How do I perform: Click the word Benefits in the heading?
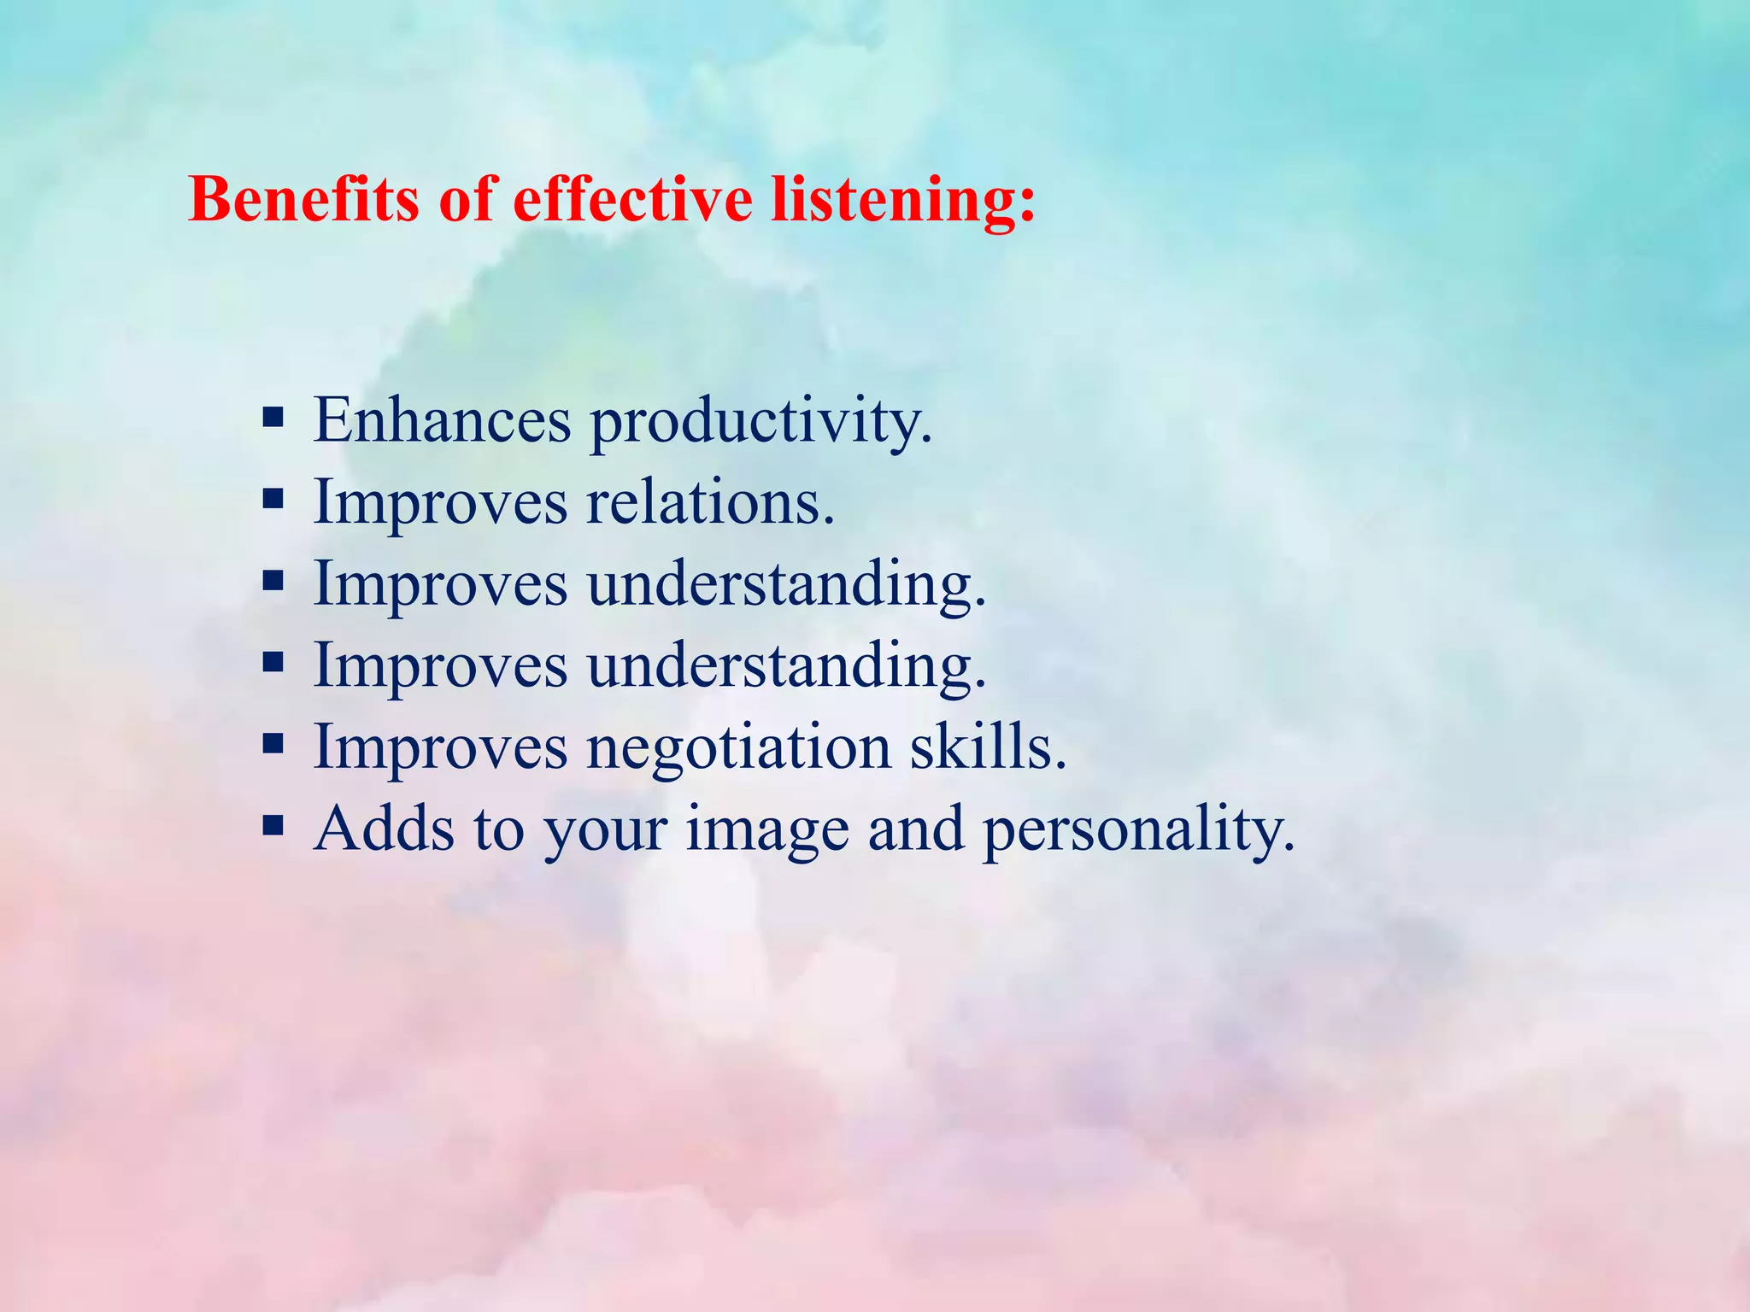pyautogui.click(x=304, y=199)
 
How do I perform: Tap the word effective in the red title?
pyautogui.click(x=632, y=199)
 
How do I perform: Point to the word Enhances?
pyautogui.click(x=442, y=420)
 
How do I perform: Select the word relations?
pyautogui.click(x=710, y=502)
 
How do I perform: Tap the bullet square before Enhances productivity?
pyautogui.click(x=273, y=419)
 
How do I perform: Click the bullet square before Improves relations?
pyautogui.click(x=273, y=499)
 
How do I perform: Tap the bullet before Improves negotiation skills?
pyautogui.click(x=273, y=744)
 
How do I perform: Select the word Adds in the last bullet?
pyautogui.click(x=384, y=828)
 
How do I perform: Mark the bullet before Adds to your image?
pyautogui.click(x=273, y=826)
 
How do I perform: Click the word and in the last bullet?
pyautogui.click(x=916, y=828)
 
